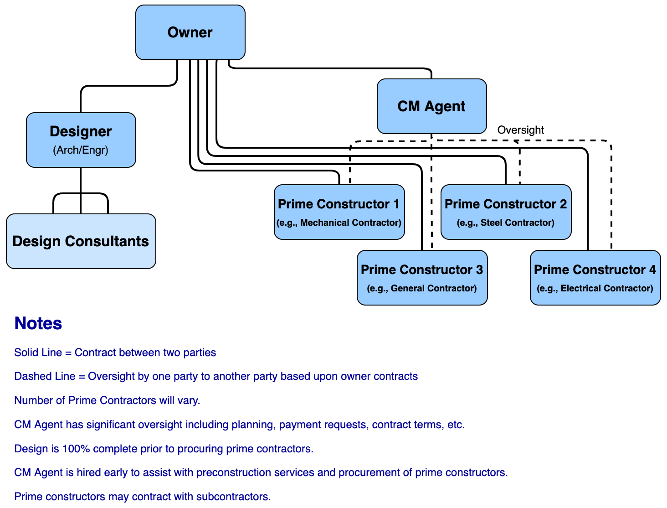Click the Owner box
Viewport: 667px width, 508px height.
pos(190,32)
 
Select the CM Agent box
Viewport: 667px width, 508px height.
pos(431,106)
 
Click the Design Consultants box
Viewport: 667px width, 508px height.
pos(81,241)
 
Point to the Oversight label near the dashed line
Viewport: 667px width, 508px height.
pos(520,130)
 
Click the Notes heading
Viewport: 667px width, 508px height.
pos(38,323)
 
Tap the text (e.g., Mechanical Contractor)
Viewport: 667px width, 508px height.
pos(339,223)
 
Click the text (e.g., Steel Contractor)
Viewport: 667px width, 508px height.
pos(506,223)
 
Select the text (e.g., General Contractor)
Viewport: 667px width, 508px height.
pos(422,288)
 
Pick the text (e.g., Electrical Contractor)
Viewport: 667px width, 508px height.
pos(595,288)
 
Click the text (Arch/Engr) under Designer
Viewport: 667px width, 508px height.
pos(81,150)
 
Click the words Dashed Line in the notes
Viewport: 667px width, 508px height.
pos(45,376)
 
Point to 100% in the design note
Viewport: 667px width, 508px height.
pos(76,449)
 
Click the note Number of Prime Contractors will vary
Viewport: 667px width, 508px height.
pos(107,400)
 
